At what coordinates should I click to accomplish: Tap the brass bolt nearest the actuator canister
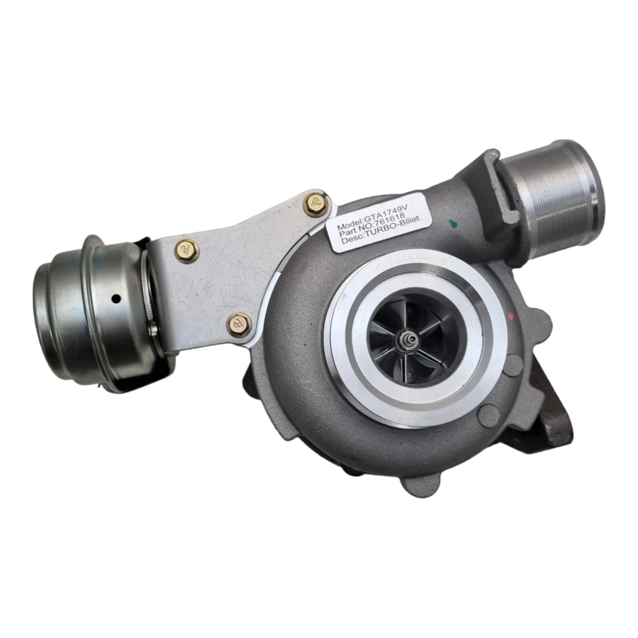point(187,251)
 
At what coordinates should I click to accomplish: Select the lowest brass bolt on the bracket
point(238,325)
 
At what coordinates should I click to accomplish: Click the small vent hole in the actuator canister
point(116,298)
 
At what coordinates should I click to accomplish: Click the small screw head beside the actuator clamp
point(152,327)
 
